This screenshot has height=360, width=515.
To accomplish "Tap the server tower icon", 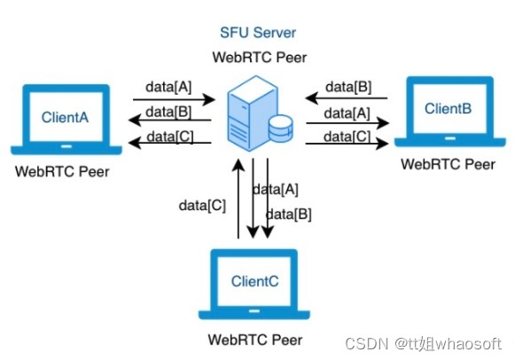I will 250,112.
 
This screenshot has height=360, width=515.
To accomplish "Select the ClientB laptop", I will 447,111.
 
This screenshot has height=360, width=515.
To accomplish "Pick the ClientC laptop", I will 254,284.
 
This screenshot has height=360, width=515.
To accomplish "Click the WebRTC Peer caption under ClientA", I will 62,171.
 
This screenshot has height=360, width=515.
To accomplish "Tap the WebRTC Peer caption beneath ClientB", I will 448,164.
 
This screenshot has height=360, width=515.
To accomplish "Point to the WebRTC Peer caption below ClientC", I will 255,339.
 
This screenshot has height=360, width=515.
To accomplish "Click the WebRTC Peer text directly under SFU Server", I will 258,57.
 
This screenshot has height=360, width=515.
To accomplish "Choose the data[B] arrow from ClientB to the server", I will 347,98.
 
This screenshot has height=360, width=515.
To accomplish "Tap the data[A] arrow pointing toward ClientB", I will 347,121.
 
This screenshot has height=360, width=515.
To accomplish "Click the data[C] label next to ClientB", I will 347,136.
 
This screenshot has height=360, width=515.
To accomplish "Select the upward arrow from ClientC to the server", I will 238,200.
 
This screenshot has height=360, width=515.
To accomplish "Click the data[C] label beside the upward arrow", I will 202,205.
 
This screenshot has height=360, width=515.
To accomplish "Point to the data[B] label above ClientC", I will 289,214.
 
